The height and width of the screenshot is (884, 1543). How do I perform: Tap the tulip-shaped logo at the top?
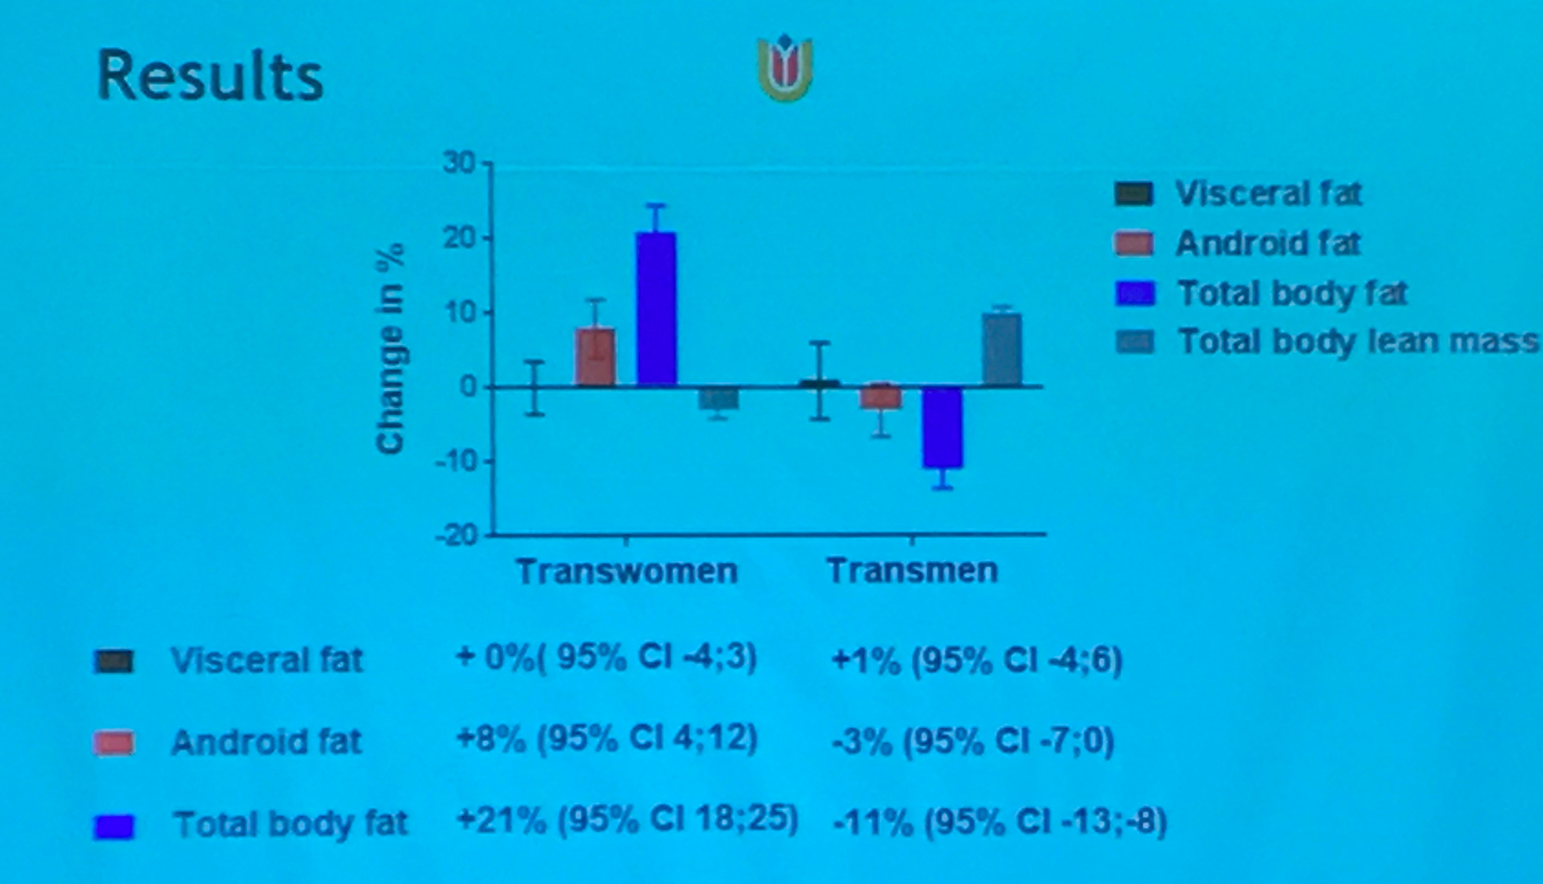point(785,68)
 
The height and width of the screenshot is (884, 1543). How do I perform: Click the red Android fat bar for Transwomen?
point(595,357)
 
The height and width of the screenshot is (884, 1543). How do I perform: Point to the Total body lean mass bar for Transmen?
point(1002,350)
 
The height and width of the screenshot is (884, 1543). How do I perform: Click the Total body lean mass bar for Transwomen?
point(718,398)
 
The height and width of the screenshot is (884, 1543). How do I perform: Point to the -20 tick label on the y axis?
point(457,537)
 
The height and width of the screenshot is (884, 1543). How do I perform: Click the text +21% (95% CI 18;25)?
point(627,821)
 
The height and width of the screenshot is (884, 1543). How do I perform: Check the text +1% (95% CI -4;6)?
point(977,661)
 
